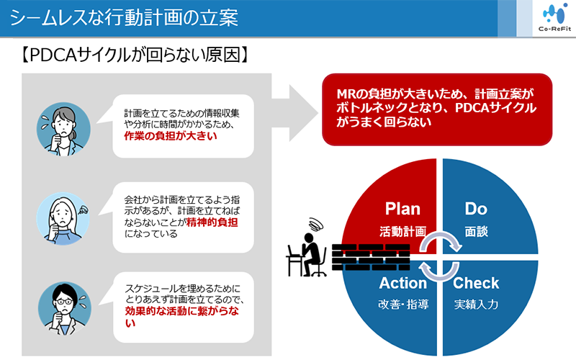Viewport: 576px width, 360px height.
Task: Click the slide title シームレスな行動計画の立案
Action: point(124,17)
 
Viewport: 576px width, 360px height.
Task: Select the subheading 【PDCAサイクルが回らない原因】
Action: point(135,55)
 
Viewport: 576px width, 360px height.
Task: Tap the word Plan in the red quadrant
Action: point(402,209)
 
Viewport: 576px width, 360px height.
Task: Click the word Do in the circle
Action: point(476,209)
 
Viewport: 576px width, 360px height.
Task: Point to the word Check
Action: point(476,283)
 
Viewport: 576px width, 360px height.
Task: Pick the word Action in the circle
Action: point(403,283)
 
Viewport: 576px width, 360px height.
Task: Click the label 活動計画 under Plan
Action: point(403,231)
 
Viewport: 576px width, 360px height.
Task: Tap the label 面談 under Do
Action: point(476,231)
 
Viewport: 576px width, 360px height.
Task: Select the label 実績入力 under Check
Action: point(476,304)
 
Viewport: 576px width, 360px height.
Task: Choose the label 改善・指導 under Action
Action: point(403,304)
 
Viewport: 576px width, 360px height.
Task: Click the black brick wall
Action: point(371,257)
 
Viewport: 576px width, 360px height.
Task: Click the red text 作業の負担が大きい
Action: point(171,136)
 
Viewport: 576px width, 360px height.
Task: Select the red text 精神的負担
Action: point(212,222)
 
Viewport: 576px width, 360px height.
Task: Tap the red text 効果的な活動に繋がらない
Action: point(182,317)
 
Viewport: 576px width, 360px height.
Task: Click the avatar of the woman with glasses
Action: point(65,309)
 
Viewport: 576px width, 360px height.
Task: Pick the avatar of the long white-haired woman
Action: point(63,219)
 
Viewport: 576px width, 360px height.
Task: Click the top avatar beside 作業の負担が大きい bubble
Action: point(63,129)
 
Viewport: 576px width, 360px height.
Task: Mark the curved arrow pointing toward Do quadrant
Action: point(441,238)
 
